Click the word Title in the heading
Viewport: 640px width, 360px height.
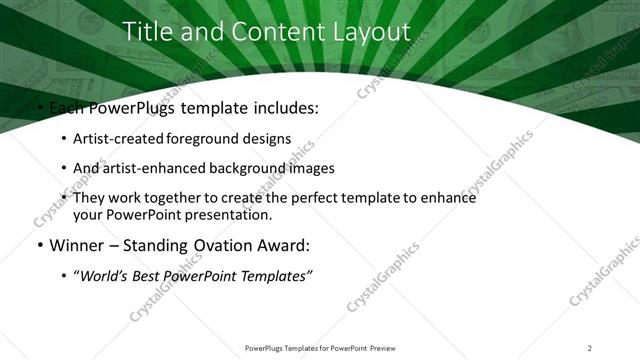pos(146,32)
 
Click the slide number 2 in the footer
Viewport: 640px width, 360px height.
pos(590,347)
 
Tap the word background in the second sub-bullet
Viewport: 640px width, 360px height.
pos(247,168)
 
